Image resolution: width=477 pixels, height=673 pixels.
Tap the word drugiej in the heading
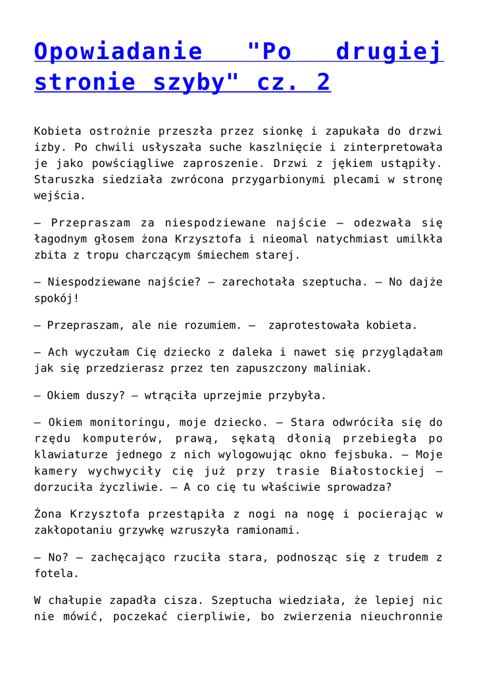[x=389, y=51]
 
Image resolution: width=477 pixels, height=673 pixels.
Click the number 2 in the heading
[x=323, y=83]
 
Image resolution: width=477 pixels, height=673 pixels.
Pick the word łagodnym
[x=66, y=239]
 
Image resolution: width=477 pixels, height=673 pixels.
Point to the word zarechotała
[x=258, y=282]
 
